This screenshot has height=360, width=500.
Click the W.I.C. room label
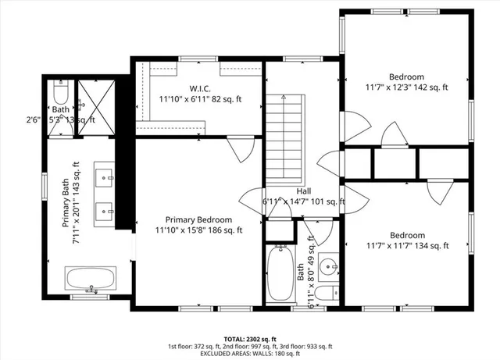coord(201,88)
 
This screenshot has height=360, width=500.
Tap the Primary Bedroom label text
coord(198,219)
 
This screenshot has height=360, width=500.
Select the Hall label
coord(304,191)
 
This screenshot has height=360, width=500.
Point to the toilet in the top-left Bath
coord(60,96)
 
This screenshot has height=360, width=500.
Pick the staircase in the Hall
coord(283,137)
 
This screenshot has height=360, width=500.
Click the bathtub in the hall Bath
coord(279,275)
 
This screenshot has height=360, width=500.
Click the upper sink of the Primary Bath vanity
coord(104,175)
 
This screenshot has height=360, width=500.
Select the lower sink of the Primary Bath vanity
coord(104,210)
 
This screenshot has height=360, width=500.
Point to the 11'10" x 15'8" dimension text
coord(198,230)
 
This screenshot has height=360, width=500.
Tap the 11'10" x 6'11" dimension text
coord(201,99)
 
